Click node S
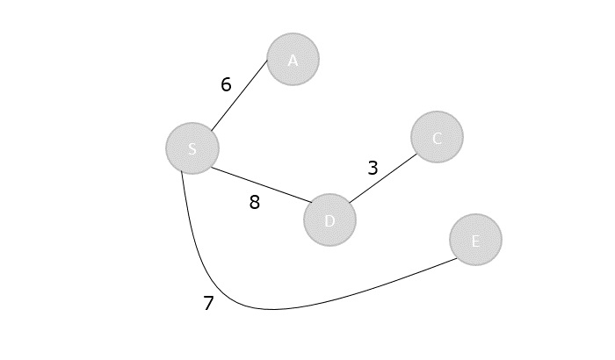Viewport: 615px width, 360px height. coord(192,148)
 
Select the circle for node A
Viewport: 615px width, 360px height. coord(293,60)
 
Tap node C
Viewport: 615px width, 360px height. coord(437,137)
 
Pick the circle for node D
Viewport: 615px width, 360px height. coord(329,220)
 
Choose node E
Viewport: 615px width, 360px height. coord(475,240)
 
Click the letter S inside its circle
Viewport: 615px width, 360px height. coord(192,148)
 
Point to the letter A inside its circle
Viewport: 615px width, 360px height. coord(293,61)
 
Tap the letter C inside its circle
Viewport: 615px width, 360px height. coord(437,138)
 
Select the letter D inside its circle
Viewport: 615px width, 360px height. coord(329,220)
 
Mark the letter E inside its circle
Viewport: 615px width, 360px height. coord(475,241)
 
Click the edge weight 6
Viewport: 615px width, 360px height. coord(226,85)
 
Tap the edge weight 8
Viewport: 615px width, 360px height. coord(255,203)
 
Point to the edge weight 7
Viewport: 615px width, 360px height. coord(208,304)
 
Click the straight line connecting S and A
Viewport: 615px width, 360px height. coord(238,96)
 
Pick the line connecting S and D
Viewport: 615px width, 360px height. coord(259,184)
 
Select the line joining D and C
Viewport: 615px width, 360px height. coord(382,178)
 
